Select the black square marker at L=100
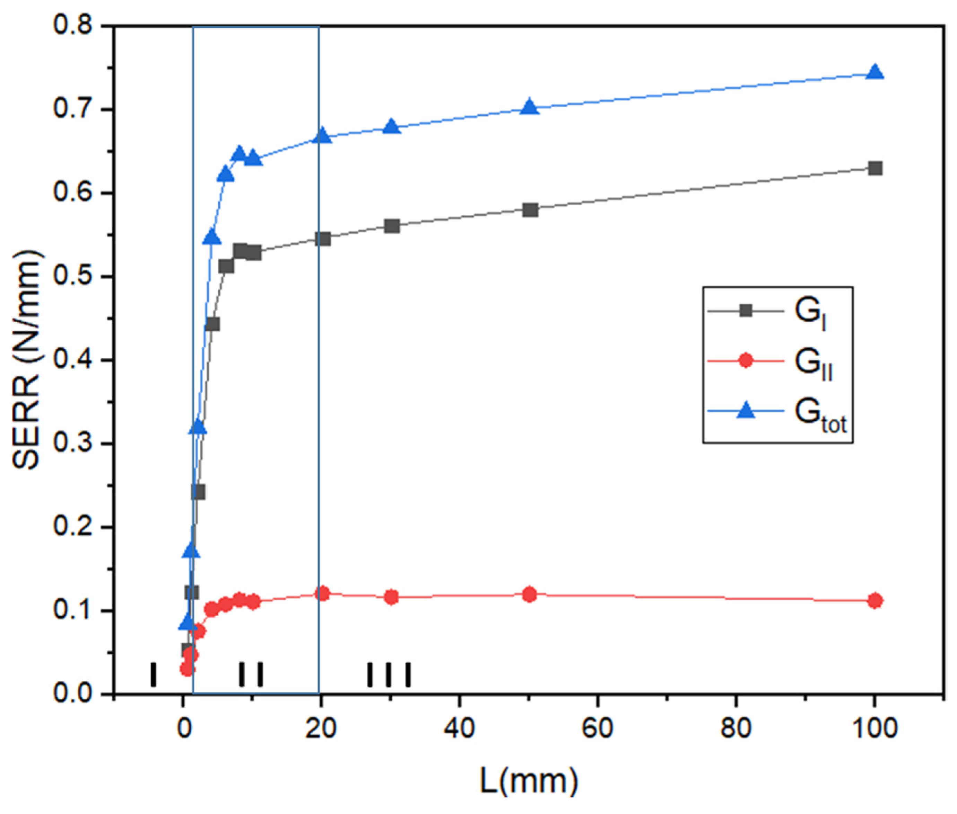point(874,168)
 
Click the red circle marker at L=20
point(322,593)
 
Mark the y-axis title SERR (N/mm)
point(27,360)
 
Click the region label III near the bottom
point(389,675)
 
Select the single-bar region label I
point(153,675)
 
